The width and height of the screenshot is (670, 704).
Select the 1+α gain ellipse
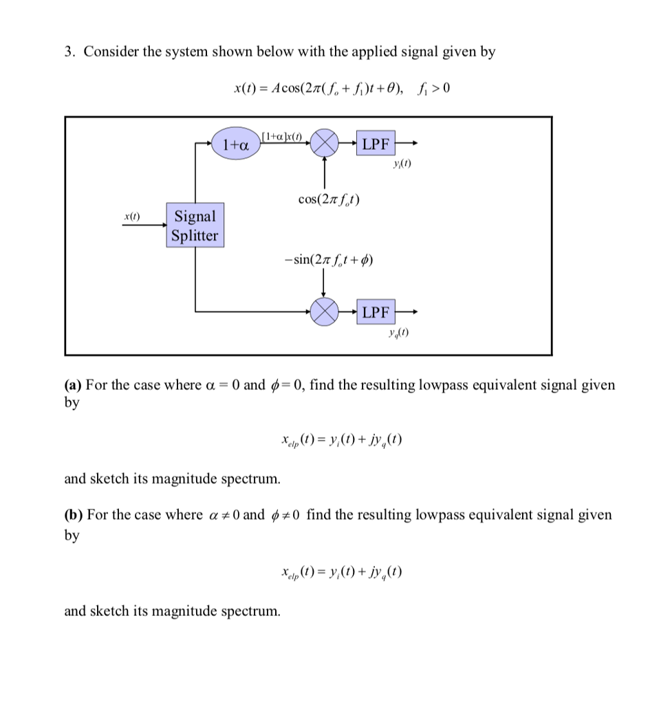[x=235, y=145]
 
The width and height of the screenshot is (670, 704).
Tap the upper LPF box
[x=376, y=144]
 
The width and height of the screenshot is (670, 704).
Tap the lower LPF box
[x=376, y=313]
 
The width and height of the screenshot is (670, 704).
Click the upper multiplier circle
[x=325, y=145]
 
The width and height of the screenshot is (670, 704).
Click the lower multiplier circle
[x=324, y=313]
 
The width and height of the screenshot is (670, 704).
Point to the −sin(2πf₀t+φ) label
[x=328, y=260]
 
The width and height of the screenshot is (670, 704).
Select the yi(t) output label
[x=401, y=165]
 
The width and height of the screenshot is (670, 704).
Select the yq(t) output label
[x=399, y=334]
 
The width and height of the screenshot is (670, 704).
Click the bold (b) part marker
[x=74, y=515]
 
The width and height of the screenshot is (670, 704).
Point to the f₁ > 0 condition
[x=433, y=89]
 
